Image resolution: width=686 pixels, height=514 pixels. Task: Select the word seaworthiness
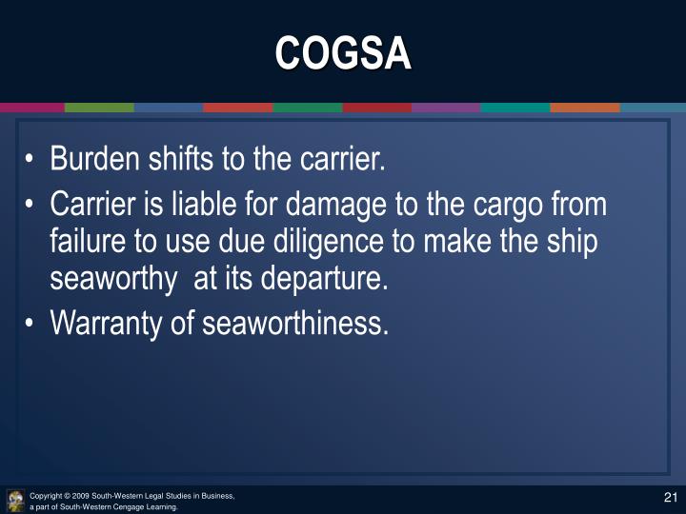pyautogui.click(x=295, y=324)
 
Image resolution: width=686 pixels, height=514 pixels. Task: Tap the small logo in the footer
pyautogui.click(x=15, y=500)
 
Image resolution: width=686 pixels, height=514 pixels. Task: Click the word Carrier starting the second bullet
pyautogui.click(x=91, y=205)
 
